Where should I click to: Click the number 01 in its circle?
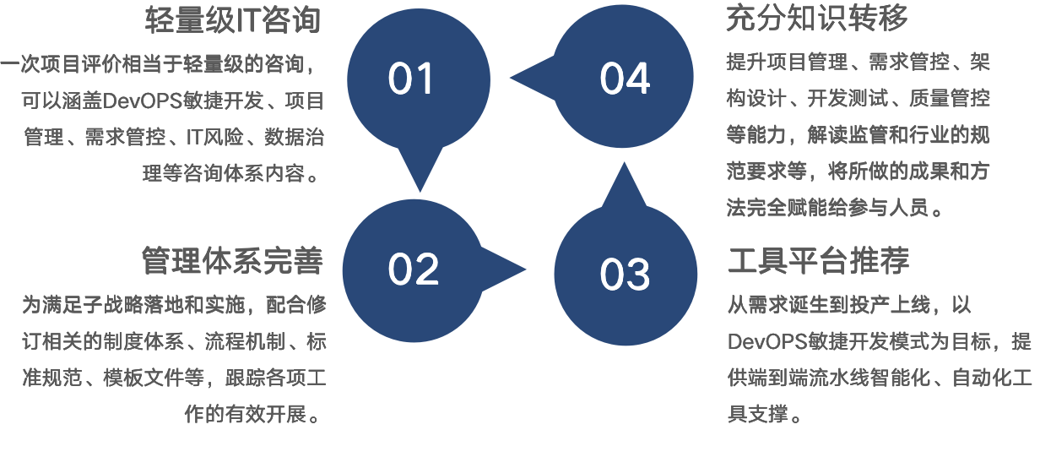(410, 79)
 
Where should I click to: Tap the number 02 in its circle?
(413, 269)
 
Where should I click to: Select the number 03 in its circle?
(625, 275)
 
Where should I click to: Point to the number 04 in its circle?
(625, 79)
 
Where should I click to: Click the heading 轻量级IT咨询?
(232, 19)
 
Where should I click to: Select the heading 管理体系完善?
(232, 261)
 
